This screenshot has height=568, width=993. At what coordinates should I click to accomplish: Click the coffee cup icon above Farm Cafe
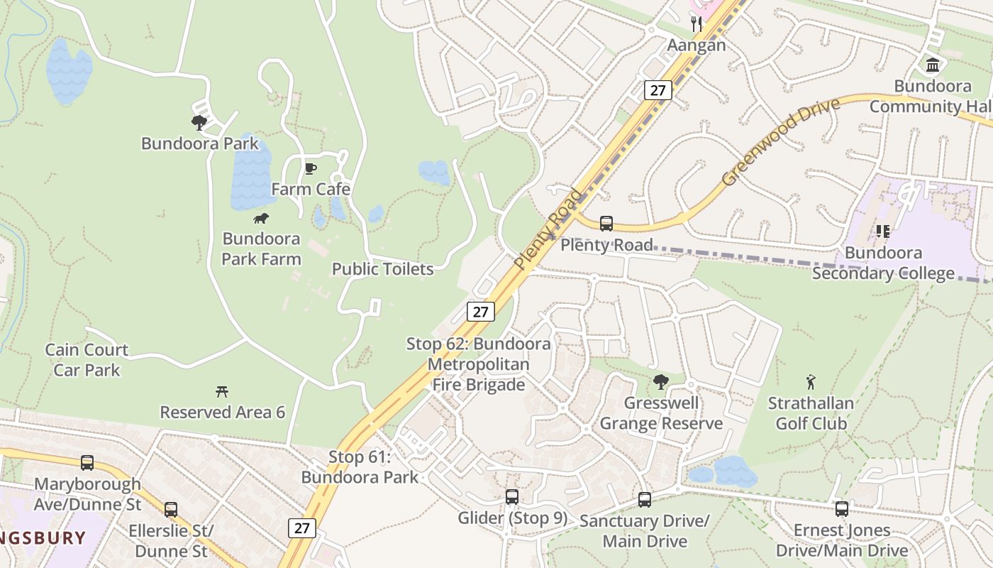pyautogui.click(x=310, y=168)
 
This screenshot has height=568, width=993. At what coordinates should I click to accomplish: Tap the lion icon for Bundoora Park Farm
pyautogui.click(x=261, y=218)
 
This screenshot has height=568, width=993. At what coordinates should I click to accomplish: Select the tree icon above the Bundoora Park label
pyautogui.click(x=199, y=123)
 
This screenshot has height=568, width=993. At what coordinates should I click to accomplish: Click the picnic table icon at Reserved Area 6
pyautogui.click(x=222, y=391)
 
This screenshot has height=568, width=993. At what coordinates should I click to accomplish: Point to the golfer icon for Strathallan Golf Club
pyautogui.click(x=811, y=383)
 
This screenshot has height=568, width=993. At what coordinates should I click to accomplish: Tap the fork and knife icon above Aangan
pyautogui.click(x=697, y=25)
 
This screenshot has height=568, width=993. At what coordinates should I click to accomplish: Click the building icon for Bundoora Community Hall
pyautogui.click(x=933, y=66)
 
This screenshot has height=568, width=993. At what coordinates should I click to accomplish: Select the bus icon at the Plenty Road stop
pyautogui.click(x=606, y=224)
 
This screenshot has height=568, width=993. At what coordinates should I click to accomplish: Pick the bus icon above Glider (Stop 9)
pyautogui.click(x=512, y=497)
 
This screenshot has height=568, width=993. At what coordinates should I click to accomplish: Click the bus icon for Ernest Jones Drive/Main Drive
pyautogui.click(x=842, y=508)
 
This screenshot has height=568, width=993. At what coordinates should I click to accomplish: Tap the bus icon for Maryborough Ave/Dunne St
pyautogui.click(x=87, y=463)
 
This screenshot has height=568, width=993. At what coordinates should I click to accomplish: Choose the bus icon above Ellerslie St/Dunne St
pyautogui.click(x=171, y=509)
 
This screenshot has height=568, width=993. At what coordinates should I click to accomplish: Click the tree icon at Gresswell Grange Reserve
pyautogui.click(x=660, y=382)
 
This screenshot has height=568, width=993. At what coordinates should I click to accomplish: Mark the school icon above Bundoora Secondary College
pyautogui.click(x=883, y=231)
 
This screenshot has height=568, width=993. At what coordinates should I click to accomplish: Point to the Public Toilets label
pyautogui.click(x=383, y=269)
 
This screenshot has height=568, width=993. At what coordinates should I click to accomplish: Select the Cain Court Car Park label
pyautogui.click(x=87, y=360)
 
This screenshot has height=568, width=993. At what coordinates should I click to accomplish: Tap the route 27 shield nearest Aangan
pyautogui.click(x=658, y=90)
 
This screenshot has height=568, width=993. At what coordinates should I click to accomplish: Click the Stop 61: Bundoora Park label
pyautogui.click(x=360, y=466)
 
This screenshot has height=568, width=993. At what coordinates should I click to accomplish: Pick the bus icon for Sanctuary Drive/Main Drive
pyautogui.click(x=645, y=500)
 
